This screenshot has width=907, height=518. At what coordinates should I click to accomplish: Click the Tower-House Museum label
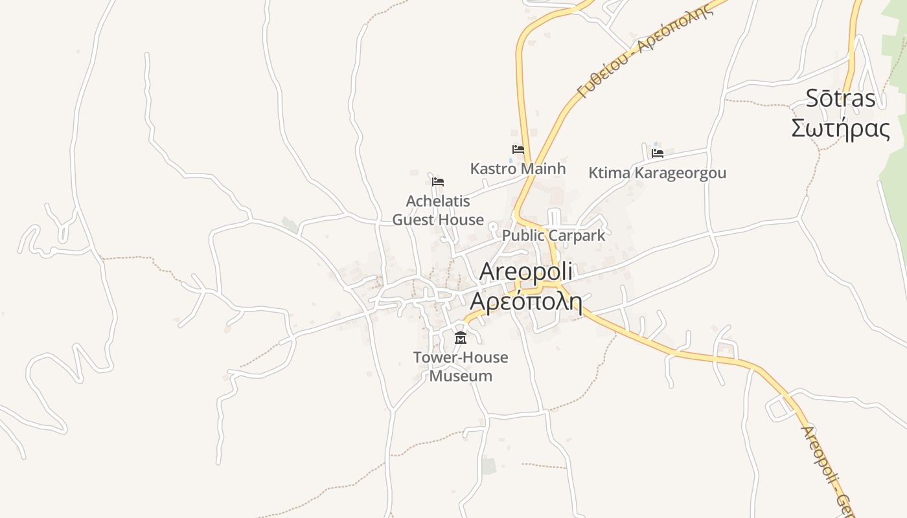461,366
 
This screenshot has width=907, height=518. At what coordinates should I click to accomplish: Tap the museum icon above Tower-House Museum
461,337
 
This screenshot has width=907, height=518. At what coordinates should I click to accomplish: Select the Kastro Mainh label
518,168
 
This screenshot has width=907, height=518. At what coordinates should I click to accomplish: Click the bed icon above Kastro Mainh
518,149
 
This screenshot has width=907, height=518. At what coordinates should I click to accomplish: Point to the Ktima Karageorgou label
657,173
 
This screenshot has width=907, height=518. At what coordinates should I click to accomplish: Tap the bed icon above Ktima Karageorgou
658,153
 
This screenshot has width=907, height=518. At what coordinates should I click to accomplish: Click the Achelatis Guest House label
438,210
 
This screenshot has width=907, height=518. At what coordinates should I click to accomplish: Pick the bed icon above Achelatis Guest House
438,181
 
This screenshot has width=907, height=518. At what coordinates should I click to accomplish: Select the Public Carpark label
553,235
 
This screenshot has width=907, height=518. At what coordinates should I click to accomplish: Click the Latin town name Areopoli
525,273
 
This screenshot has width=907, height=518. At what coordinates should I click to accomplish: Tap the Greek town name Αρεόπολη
525,301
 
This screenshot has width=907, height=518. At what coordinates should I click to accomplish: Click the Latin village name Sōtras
840,98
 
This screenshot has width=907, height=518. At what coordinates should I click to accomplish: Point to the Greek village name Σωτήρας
840,128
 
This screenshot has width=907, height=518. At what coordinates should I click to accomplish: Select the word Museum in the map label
461,376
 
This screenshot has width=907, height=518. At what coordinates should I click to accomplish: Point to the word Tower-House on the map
461,357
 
